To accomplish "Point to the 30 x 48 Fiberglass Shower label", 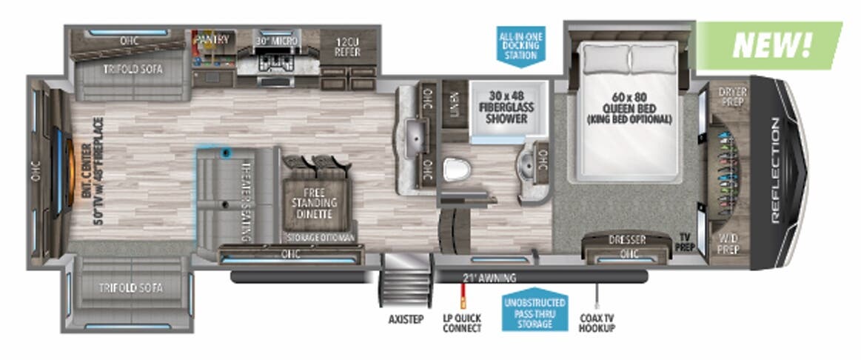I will (507, 106).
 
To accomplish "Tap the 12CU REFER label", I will (347, 47).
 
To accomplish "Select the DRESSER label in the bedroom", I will (628, 240).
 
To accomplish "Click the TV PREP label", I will (685, 242).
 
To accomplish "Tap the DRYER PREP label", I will (732, 96).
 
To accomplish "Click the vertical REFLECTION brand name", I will (774, 170).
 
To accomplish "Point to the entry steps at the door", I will (406, 282).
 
